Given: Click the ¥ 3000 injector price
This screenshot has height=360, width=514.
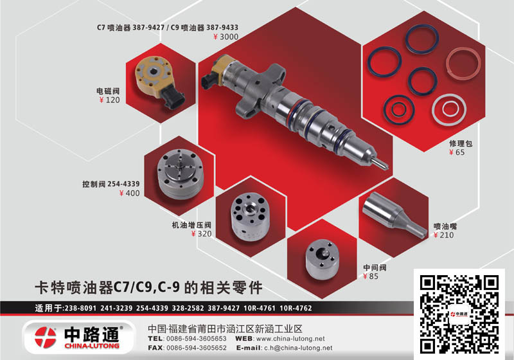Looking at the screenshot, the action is pos(226,37).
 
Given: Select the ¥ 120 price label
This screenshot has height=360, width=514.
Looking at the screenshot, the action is pos(109,100).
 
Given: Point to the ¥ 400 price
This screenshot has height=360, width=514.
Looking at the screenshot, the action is pos(130,194).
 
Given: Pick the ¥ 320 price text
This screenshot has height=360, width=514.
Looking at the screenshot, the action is pos(202,234).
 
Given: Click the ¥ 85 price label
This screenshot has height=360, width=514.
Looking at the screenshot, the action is pos(371,276).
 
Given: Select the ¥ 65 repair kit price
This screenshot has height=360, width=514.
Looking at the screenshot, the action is pos(457,152).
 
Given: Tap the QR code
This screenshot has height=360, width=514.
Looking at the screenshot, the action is pos(459,314).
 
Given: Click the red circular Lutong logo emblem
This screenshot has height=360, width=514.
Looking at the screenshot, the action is pos(46,337).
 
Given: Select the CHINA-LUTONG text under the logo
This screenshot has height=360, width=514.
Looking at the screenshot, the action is pos(92,346).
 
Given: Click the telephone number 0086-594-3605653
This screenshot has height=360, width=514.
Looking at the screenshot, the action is pos(197,339).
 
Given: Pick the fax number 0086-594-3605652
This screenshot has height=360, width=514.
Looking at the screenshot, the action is pos(197,348).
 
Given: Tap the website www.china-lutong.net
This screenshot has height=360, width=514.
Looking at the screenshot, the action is pos(290,339).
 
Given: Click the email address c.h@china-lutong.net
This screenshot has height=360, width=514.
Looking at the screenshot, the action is pos(298,348).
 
